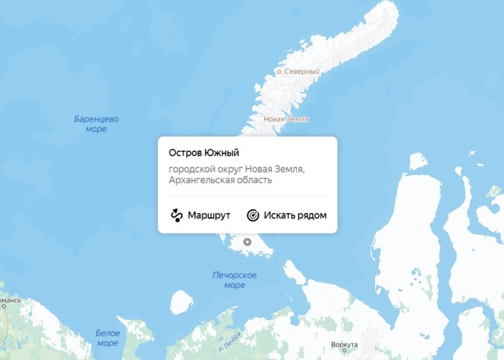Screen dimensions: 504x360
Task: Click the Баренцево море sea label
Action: click(96, 124)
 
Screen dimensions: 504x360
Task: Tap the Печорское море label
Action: click(235, 280)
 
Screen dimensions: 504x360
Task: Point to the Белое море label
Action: click(108, 338)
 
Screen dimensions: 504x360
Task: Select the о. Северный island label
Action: click(298, 71)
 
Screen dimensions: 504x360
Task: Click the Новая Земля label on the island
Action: click(286, 120)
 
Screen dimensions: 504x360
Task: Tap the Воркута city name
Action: click(344, 344)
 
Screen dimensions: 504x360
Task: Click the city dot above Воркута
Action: click(344, 351)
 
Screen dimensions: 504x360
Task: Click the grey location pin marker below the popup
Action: click(247, 242)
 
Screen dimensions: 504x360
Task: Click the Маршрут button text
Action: click(209, 216)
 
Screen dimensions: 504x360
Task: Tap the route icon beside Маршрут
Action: click(177, 216)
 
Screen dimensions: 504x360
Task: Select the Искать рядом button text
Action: click(295, 216)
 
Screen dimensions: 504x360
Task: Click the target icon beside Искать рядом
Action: click(253, 216)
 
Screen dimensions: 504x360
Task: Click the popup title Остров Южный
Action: click(204, 154)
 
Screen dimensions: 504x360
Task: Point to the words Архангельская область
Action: click(220, 180)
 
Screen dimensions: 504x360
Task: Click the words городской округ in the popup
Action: click(205, 169)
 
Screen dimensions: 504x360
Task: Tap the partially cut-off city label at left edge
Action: click(10, 300)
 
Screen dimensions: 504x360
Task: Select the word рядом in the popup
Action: click(312, 216)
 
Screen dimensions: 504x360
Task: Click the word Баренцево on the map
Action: click(96, 119)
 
